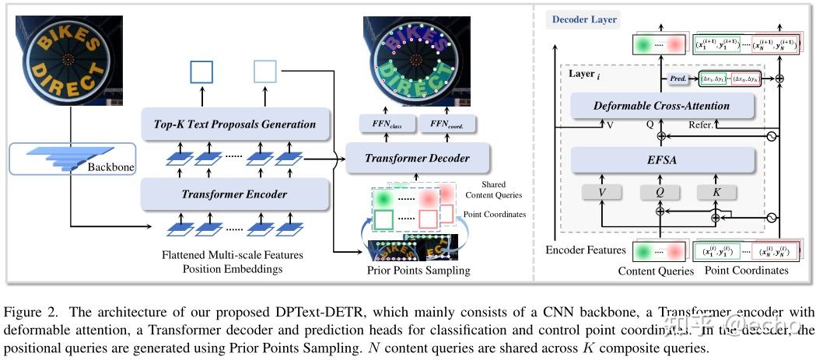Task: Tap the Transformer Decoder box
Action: (418, 158)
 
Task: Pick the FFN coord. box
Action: (447, 124)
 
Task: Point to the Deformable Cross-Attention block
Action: (662, 106)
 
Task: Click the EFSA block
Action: (662, 159)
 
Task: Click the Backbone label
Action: (108, 167)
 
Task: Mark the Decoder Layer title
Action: (584, 19)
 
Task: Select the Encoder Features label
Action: (585, 250)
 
